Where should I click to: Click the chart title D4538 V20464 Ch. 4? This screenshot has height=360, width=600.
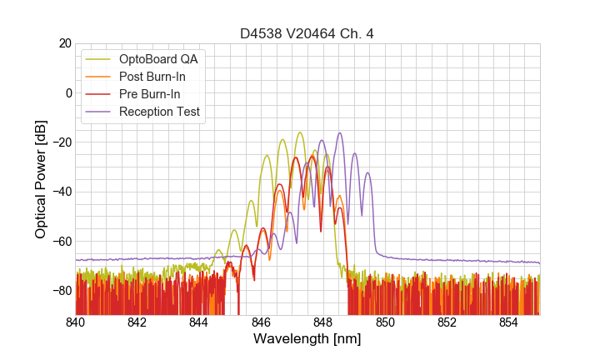(x=307, y=34)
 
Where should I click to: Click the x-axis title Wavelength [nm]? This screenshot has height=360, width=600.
(x=307, y=339)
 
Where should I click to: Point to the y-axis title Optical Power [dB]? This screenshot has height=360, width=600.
(x=41, y=178)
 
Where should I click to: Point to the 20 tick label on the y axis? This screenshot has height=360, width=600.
(x=63, y=43)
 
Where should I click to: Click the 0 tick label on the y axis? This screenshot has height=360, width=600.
(x=67, y=92)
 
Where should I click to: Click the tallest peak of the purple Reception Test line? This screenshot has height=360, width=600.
(x=340, y=132)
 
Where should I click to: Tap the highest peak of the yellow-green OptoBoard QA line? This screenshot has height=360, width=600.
(x=299, y=132)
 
